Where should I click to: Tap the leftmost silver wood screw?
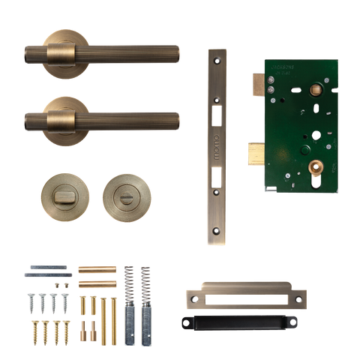tap(32, 304)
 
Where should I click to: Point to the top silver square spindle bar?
tap(47, 268)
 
